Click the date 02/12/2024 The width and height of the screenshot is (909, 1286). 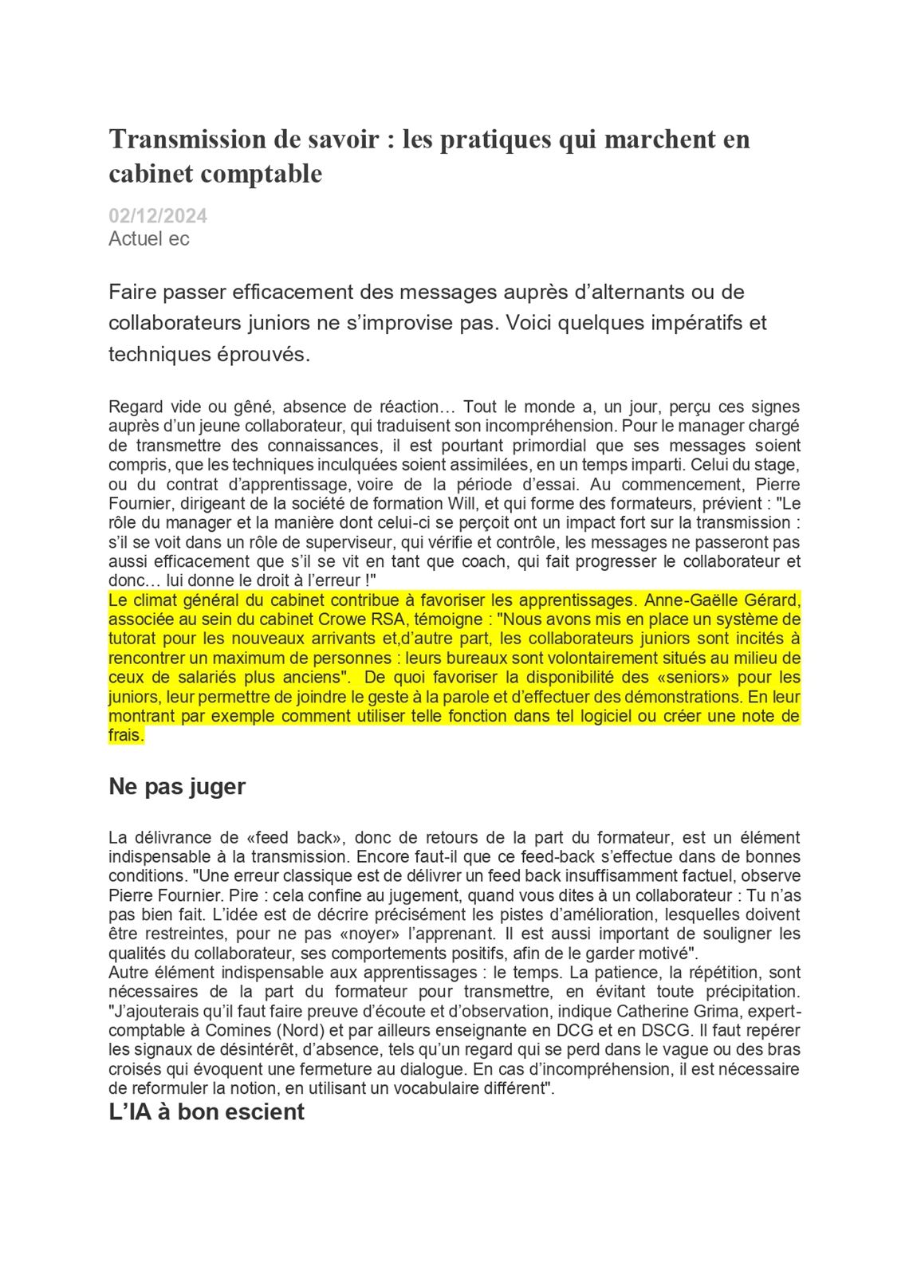[x=158, y=215]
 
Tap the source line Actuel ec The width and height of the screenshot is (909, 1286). [x=149, y=238]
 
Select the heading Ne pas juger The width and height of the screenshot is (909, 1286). [x=177, y=786]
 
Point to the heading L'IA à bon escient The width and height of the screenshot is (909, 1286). [x=207, y=1111]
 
